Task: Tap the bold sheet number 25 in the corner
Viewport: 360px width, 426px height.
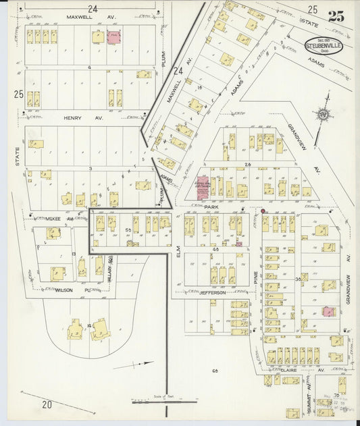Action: click(x=336, y=16)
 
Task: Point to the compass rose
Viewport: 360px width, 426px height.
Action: click(x=324, y=115)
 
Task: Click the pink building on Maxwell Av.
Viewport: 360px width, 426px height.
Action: click(x=113, y=36)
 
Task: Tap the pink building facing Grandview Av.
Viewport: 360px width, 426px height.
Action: click(x=328, y=311)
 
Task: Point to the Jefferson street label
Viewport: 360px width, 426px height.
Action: click(x=213, y=292)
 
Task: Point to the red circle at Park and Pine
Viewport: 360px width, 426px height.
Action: click(x=263, y=211)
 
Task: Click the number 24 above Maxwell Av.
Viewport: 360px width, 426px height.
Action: click(x=92, y=8)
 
